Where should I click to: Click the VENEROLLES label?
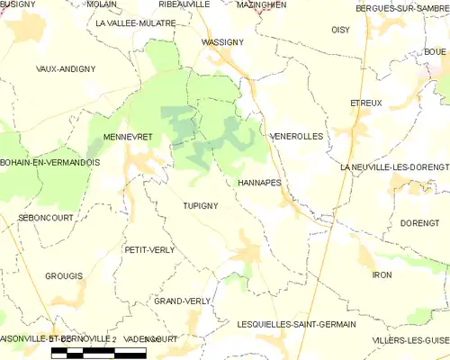pos(296,136)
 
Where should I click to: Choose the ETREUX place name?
pos(366,103)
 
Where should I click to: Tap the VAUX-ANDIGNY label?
pos(67,68)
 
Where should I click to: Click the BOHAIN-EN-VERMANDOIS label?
pos(49,162)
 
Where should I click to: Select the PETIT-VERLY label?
pos(149,249)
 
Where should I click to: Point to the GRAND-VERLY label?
pos(183,301)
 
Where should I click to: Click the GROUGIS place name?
pos(64,275)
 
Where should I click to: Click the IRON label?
pos(382,274)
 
